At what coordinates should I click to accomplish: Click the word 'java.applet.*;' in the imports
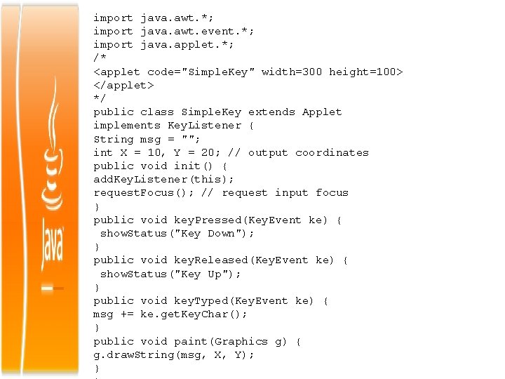pos(187,45)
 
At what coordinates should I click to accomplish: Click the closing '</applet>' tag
pos(123,85)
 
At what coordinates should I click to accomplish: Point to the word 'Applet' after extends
pos(322,112)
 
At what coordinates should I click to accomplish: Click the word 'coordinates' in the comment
pos(332,152)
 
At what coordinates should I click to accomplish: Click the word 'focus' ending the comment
pos(332,192)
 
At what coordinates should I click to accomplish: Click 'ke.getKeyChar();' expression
pos(194,314)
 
